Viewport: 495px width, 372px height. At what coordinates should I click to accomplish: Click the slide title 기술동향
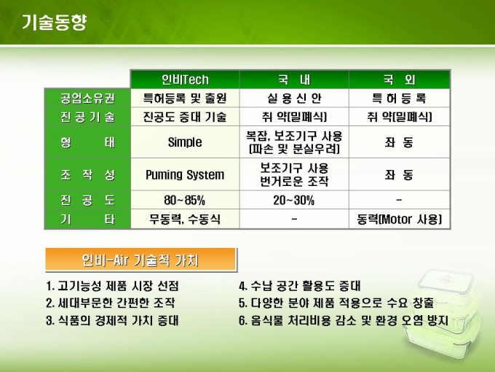pos(54,22)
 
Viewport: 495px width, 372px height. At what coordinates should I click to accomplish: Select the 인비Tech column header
pos(185,80)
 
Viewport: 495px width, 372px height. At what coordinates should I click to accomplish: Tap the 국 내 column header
pos(294,80)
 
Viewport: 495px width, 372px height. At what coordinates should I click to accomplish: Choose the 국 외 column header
pos(400,80)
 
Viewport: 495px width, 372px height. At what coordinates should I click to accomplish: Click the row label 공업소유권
pos(87,98)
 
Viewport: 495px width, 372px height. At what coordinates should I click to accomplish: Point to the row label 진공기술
pos(87,117)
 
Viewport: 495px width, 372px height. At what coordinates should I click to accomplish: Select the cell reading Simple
pos(185,142)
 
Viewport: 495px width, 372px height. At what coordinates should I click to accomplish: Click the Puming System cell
pos(185,174)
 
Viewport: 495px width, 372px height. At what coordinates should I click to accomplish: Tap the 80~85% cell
pos(185,200)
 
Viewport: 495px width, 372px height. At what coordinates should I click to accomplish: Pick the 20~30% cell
pos(294,200)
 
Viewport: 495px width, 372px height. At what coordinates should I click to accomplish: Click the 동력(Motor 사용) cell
pos(400,219)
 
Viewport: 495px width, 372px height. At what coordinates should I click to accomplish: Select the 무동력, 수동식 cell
pos(185,219)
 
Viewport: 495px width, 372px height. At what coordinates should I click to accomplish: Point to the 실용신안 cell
pos(294,98)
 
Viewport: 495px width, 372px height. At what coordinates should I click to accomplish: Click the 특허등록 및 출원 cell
pos(185,98)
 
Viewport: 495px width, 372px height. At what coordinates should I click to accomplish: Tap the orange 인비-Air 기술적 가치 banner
pos(140,260)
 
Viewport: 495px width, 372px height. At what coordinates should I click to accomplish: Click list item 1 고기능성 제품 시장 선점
pos(112,286)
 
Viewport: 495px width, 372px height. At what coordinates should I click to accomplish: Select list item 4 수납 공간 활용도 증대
pos(300,286)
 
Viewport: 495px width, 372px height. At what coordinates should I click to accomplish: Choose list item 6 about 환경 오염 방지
pos(344,320)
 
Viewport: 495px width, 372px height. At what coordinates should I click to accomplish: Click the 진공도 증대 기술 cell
pos(185,117)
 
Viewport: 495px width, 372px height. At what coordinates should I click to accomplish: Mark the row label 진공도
pos(87,200)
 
